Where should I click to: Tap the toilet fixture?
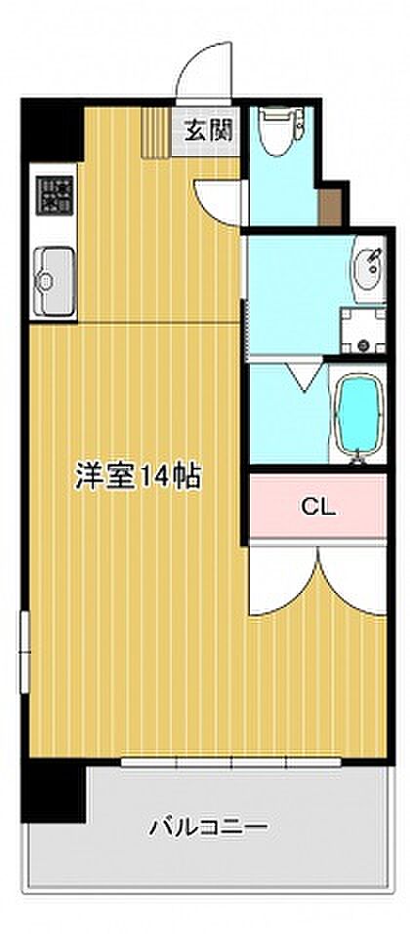(280, 130)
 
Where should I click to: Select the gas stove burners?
(55, 195)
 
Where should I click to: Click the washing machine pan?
(362, 330)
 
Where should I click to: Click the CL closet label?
(318, 508)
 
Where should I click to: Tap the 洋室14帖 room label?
(138, 476)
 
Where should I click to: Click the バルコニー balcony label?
(208, 826)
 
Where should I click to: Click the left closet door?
(282, 578)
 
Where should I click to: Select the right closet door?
(352, 578)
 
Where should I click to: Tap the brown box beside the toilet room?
(330, 207)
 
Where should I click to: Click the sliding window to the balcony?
(230, 761)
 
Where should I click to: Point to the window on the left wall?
(24, 652)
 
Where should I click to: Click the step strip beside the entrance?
(156, 133)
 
